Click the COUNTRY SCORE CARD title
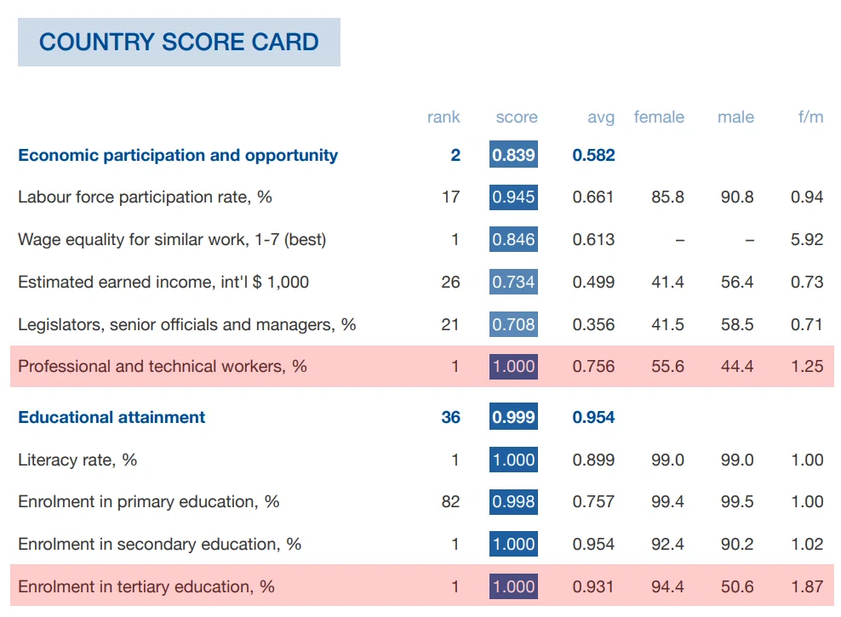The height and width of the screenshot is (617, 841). click(179, 43)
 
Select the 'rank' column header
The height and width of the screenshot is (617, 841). click(443, 117)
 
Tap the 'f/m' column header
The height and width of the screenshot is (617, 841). click(810, 117)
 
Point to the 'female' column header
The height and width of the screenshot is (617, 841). click(659, 117)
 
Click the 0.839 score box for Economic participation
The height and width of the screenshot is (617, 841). click(513, 154)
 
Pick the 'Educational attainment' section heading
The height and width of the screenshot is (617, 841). click(112, 417)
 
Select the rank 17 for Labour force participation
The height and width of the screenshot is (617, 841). click(450, 197)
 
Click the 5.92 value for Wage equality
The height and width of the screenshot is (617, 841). click(807, 239)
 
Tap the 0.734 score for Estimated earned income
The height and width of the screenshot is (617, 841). click(513, 282)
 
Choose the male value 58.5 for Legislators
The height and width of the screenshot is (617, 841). click(737, 324)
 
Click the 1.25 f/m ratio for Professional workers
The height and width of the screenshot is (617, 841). click(807, 366)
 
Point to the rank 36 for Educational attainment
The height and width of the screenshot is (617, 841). click(450, 417)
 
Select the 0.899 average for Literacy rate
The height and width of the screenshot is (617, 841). click(593, 460)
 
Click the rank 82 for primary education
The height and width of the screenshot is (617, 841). click(450, 501)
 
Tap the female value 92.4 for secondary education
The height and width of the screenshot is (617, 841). click(667, 544)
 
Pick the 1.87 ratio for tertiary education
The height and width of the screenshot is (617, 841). click(807, 586)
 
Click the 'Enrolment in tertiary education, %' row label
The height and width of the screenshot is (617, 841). click(146, 586)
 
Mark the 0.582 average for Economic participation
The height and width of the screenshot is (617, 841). click(593, 155)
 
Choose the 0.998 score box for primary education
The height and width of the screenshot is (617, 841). click(513, 501)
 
